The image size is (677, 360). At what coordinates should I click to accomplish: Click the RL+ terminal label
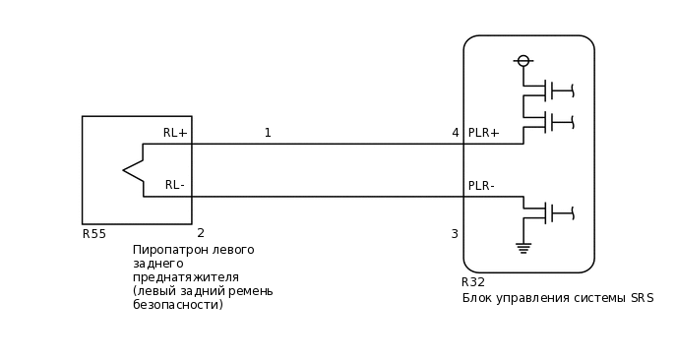click(175, 133)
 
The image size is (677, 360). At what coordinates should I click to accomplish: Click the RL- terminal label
click(175, 185)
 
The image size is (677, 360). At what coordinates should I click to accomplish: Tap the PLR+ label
click(483, 133)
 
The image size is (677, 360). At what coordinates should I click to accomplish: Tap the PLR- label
click(481, 186)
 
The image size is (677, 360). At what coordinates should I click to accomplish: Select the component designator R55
click(94, 234)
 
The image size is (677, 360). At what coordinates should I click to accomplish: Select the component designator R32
click(473, 282)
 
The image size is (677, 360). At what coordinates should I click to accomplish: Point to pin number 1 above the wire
click(268, 133)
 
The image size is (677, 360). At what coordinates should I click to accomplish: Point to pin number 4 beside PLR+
click(455, 133)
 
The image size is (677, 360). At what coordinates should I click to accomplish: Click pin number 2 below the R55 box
click(201, 233)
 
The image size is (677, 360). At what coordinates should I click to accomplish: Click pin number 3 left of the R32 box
click(455, 234)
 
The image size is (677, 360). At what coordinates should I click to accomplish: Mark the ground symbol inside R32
click(523, 248)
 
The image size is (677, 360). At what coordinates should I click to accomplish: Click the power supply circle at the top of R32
click(523, 61)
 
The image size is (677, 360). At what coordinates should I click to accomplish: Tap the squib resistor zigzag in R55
click(133, 170)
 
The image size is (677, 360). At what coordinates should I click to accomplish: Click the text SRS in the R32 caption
click(642, 298)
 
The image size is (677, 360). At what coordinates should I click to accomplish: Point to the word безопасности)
click(178, 305)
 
